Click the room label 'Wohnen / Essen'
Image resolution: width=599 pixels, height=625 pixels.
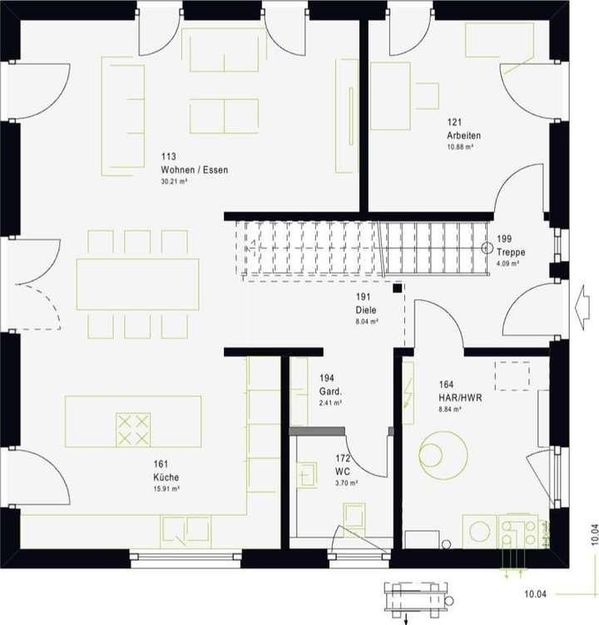194,170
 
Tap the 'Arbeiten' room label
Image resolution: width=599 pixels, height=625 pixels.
463,135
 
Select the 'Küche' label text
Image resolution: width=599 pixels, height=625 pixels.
166,477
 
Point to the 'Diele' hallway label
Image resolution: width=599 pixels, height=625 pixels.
366,310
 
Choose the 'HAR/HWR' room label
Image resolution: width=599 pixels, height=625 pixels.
460,397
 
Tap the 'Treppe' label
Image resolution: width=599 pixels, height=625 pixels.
512,252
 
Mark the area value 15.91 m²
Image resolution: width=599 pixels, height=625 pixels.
166,489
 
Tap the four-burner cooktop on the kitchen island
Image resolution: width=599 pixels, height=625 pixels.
133,429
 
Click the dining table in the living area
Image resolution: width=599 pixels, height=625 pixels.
137,284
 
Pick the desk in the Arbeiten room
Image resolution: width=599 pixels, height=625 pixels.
390,107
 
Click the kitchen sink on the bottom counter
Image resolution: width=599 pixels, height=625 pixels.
186,528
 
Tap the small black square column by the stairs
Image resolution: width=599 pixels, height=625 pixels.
398,288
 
